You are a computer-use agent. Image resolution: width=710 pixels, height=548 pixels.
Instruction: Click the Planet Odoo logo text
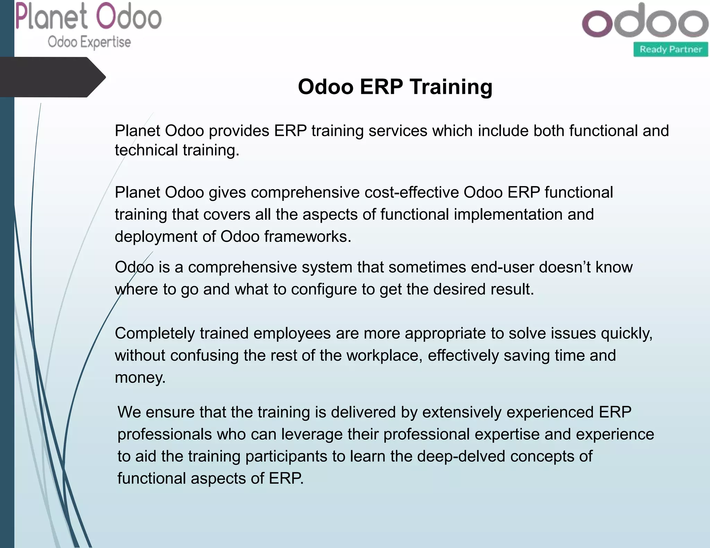(88, 17)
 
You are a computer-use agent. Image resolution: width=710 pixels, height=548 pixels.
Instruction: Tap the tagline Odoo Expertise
(89, 42)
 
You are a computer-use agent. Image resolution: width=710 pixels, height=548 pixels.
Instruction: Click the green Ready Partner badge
(670, 50)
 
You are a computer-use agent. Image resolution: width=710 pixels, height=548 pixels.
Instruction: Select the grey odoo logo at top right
(645, 21)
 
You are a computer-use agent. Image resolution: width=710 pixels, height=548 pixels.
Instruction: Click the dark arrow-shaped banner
(52, 77)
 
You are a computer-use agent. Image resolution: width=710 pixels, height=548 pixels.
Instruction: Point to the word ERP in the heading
(381, 87)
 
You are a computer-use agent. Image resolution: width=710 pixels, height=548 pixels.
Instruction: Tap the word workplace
(384, 356)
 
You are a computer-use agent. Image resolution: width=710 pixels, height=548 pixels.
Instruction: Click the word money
(140, 378)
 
